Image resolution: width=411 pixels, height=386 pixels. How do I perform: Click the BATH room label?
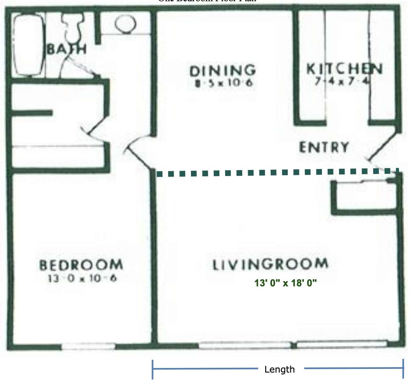pos(67,49)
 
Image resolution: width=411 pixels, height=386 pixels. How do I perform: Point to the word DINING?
pos(223,71)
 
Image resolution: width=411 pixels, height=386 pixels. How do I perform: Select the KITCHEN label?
pos(344,69)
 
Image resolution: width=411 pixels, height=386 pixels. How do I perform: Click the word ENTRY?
pos(324,147)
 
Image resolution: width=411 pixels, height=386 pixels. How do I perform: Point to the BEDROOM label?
pos(81,265)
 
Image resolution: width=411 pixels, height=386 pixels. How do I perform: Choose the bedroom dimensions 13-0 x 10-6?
pos(82,278)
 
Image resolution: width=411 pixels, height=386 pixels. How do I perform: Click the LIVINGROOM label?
pos(270,264)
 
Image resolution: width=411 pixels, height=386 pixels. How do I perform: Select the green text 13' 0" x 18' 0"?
pos(286,283)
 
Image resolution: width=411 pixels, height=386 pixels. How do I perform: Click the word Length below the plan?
pos(279,369)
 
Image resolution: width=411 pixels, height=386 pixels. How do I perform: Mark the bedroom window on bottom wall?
pos(88,346)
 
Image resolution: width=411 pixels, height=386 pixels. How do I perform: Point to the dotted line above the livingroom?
pos(275,172)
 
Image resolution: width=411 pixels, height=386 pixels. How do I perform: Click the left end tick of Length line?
pos(153,369)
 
